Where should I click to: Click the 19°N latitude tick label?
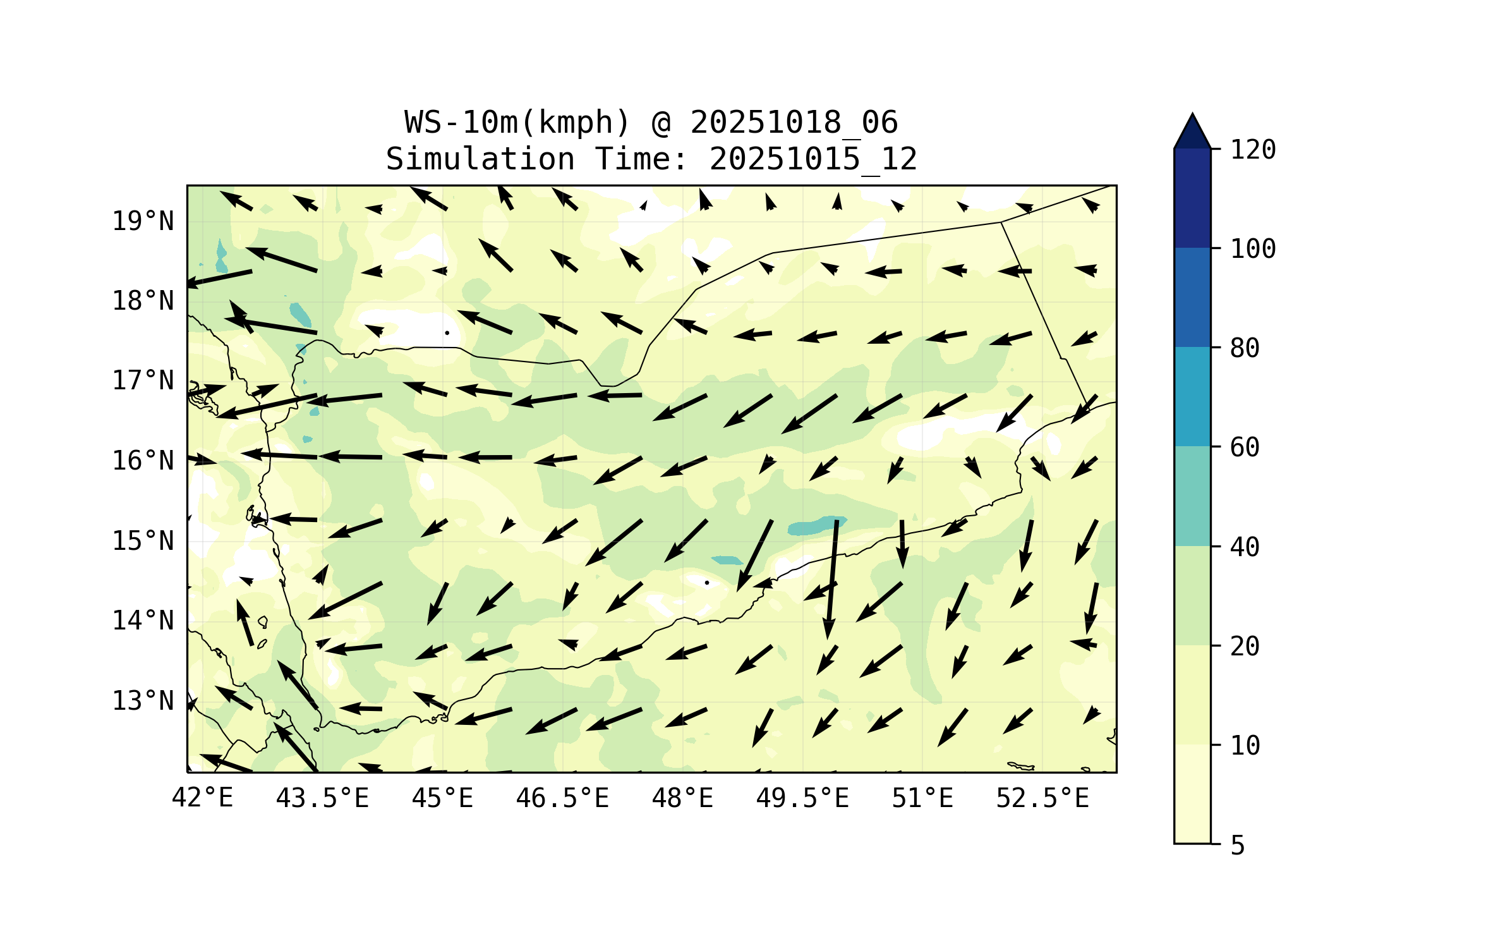click(x=143, y=221)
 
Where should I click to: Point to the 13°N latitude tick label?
click(x=143, y=701)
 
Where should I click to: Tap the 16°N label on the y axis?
click(x=143, y=461)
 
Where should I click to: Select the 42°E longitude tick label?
click(x=202, y=798)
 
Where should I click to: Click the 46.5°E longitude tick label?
click(x=562, y=798)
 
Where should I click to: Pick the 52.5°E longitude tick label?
click(x=1042, y=798)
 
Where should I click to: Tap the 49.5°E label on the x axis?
click(x=802, y=798)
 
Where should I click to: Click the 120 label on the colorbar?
click(x=1253, y=150)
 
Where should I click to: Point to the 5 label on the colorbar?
click(x=1238, y=846)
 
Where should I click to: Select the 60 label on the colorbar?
click(x=1245, y=447)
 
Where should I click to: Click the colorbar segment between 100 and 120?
click(x=1192, y=198)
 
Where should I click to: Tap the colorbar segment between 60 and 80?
click(x=1192, y=396)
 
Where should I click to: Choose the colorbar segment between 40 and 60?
click(x=1192, y=496)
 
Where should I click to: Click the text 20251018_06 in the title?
click(x=794, y=123)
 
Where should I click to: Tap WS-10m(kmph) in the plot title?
click(x=517, y=123)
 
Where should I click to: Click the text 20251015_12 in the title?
click(x=813, y=159)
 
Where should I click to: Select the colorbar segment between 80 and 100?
click(x=1192, y=297)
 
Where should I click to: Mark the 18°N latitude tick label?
click(x=143, y=301)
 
